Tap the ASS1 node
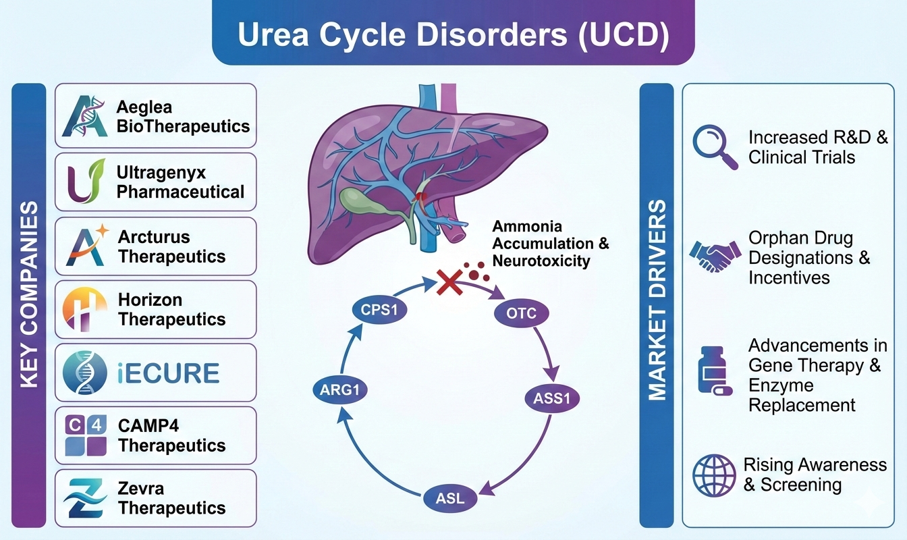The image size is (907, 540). click(552, 398)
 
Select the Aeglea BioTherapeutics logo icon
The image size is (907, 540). click(85, 115)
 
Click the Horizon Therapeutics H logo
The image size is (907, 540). click(85, 309)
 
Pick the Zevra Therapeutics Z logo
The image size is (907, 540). click(85, 499)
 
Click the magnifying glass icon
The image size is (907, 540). click(715, 147)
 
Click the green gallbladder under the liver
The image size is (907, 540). click(365, 200)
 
